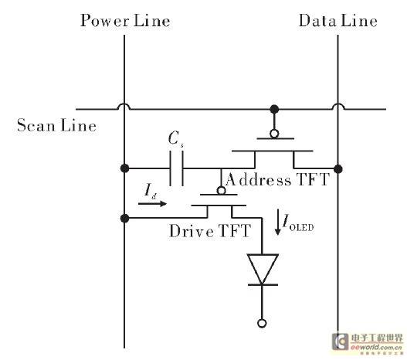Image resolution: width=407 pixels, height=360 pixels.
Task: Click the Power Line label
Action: point(125,21)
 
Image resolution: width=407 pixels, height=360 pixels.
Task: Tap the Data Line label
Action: point(338,21)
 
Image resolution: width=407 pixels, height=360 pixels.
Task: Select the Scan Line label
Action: point(56,125)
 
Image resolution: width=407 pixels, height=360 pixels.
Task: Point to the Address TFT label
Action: point(278,179)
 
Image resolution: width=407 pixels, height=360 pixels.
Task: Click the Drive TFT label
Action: point(210,231)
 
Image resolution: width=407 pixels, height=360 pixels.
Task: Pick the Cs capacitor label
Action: point(176,139)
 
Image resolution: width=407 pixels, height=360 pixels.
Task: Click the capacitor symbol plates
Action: point(177,168)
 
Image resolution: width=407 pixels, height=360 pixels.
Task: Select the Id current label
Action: point(151,191)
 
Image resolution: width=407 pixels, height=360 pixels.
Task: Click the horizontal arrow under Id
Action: point(152,204)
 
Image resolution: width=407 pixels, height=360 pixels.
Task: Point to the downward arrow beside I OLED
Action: point(278,222)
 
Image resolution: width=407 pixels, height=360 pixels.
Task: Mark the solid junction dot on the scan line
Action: point(274,109)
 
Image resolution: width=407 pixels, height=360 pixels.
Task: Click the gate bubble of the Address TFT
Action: point(274,134)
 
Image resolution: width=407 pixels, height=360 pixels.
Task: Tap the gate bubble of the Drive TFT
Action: point(221,191)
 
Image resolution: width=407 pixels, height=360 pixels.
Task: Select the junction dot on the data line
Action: point(338,169)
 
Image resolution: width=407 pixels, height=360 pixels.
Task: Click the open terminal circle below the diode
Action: point(262,324)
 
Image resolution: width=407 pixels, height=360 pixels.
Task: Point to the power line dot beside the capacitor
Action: point(124,168)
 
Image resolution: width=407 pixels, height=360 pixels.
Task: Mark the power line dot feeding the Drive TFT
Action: point(124,219)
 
